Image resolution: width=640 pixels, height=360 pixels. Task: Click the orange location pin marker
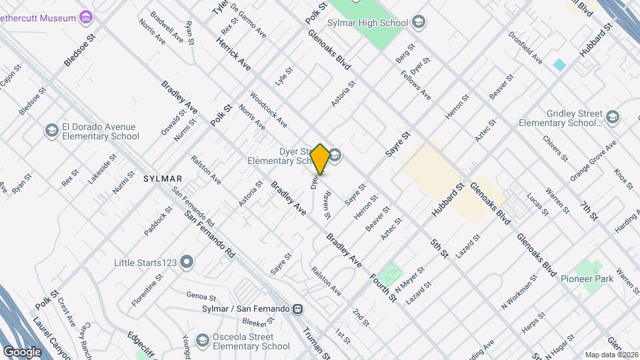coord(320,159)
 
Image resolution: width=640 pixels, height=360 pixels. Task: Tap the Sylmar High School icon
coord(419,23)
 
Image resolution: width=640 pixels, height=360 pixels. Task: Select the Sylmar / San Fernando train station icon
coord(298,309)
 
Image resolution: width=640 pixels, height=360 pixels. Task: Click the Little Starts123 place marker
coord(187,262)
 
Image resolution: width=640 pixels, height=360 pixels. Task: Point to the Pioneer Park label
coord(587,279)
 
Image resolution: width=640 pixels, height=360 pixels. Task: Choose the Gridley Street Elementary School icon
coord(613,117)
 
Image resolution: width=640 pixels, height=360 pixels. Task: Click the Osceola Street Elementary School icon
coord(201,341)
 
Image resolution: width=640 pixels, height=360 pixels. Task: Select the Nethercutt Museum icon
coord(85,17)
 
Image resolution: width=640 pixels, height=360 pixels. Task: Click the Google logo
coord(22,351)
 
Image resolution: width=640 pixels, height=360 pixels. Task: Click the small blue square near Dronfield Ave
coord(559,65)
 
